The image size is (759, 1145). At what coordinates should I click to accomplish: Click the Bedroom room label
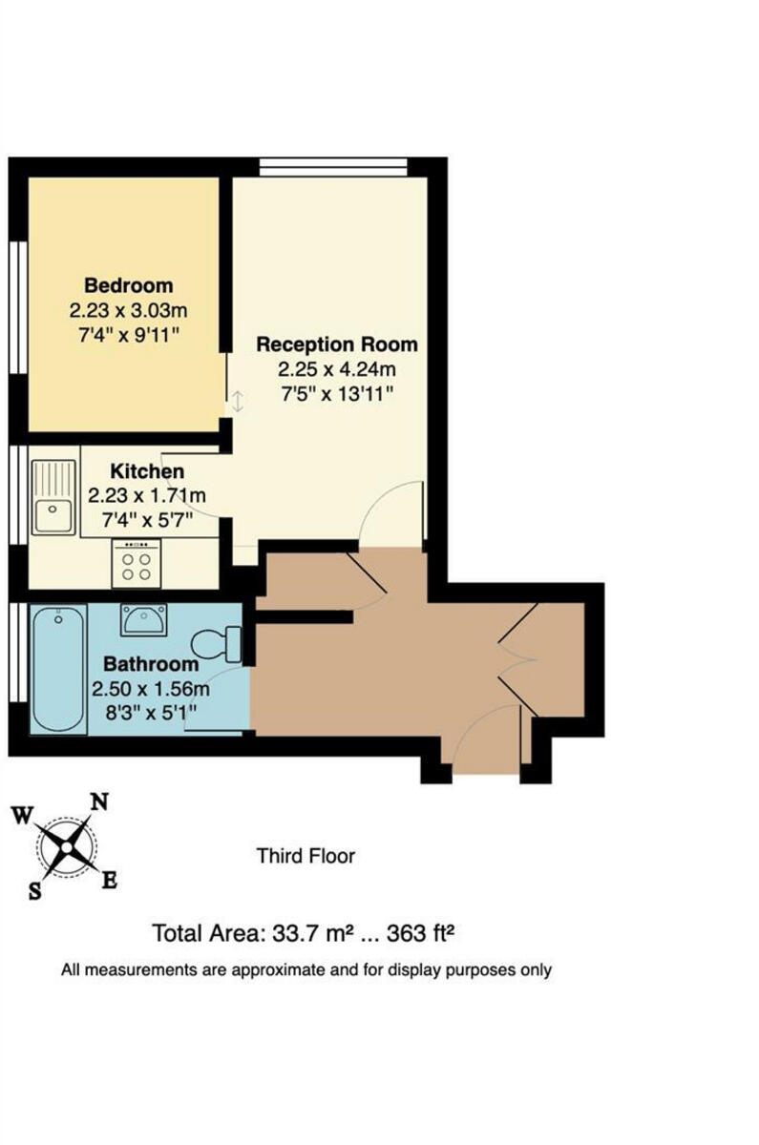pos(129,285)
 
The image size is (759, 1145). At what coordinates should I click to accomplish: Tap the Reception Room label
pos(336,343)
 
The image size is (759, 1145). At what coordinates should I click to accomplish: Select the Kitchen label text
pos(147,471)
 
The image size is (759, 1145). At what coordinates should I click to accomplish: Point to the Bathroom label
pos(151,664)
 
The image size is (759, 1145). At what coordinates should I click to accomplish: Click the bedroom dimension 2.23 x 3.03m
pos(129,310)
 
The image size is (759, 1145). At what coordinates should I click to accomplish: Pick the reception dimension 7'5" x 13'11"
pos(336,392)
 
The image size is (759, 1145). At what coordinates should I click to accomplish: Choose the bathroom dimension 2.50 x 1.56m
pos(151,688)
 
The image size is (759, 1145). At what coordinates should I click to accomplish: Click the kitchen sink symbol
pos(53,498)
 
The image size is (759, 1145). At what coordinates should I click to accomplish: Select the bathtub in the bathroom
pos(58,668)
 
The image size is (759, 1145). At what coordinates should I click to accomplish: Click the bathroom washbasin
pos(144,620)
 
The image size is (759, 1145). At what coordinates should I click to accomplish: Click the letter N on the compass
pos(98,801)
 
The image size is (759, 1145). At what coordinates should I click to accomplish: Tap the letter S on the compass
pos(36,892)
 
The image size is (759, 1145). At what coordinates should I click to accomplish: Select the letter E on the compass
pos(109,881)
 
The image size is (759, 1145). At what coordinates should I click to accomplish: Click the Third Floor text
pos(306,856)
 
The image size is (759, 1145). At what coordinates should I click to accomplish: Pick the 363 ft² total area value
pos(414,932)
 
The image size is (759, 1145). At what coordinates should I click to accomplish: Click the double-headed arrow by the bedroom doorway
pos(237,402)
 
